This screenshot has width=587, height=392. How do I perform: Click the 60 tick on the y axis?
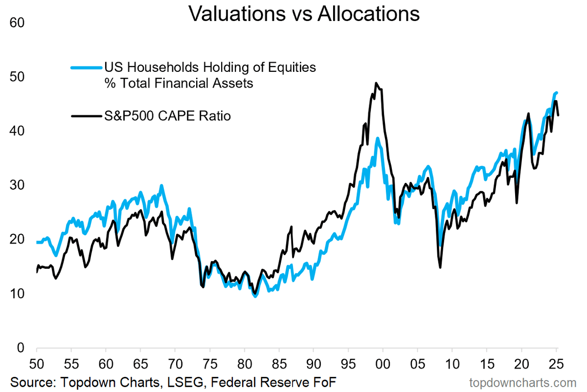click(17, 23)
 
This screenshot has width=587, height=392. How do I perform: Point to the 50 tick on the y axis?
click(17, 77)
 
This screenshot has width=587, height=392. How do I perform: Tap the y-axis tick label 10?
click(17, 294)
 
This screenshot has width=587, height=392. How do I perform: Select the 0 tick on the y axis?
click(20, 348)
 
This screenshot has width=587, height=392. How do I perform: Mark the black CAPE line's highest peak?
click(376, 83)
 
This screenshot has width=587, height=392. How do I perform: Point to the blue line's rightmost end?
click(557, 92)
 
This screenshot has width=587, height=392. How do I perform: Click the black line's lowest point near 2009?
click(440, 267)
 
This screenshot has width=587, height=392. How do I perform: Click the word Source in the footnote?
click(28, 381)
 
